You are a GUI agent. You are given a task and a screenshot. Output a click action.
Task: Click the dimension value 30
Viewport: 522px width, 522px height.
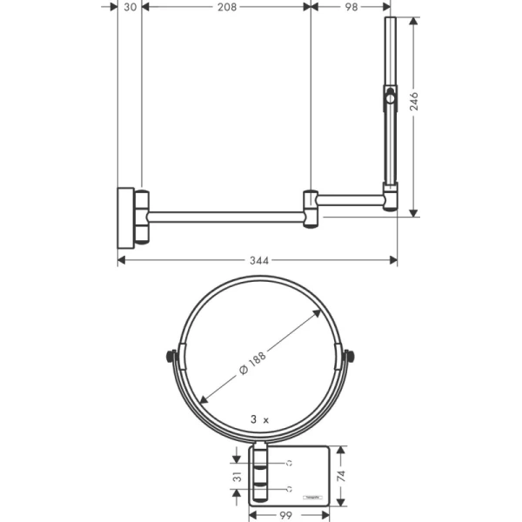130,7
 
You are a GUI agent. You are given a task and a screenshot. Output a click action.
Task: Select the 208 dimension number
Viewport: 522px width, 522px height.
226,7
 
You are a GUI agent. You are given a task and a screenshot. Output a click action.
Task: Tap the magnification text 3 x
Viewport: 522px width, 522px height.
260,418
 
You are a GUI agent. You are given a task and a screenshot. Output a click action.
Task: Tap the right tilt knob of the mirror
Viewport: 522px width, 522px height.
350,356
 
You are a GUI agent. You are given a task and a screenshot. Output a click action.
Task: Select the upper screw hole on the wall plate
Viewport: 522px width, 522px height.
286,462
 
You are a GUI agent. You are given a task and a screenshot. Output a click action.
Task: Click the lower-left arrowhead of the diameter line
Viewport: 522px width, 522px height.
204,399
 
